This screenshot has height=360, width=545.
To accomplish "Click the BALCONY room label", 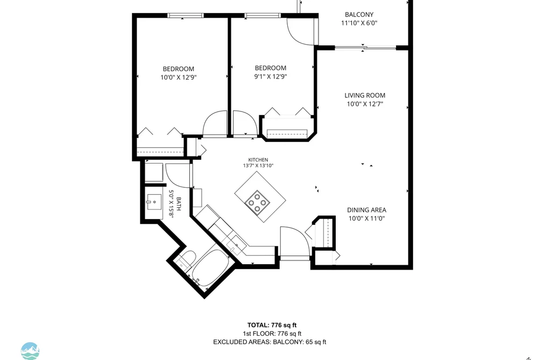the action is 359,15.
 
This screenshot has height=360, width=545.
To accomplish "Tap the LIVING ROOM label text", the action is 365,95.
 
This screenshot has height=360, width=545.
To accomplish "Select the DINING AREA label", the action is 367,210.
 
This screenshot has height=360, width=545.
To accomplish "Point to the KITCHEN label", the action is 258,160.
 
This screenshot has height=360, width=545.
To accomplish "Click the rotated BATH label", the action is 179,204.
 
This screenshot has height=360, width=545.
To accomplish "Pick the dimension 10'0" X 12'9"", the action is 178,77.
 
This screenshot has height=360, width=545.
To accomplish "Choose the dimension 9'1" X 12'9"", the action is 271,76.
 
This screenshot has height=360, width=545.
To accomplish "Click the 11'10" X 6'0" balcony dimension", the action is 359,23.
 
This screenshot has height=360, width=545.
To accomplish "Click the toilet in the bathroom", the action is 186,259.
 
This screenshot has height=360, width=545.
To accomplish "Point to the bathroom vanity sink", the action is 153,202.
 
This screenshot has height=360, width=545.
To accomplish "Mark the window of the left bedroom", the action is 185,15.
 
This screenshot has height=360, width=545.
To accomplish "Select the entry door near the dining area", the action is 295,242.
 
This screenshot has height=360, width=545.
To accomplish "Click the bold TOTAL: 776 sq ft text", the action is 272,325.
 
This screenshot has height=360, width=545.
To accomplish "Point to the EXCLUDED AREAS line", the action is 270,342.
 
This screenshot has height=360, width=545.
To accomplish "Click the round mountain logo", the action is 30,351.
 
